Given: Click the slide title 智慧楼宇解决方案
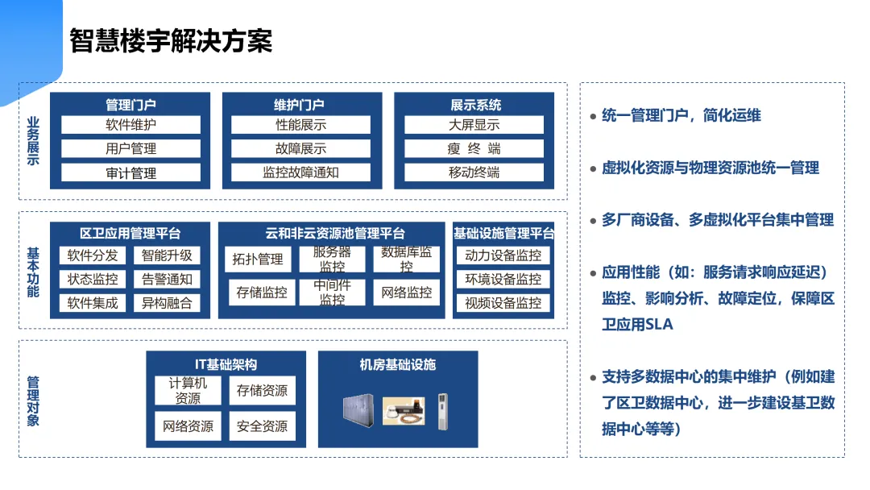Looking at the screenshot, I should (x=171, y=40).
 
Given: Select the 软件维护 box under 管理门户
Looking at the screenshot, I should (x=130, y=125).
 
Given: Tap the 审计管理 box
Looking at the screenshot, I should (x=130, y=172).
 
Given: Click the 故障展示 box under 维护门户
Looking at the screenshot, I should (x=300, y=149).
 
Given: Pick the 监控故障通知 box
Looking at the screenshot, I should (x=300, y=172).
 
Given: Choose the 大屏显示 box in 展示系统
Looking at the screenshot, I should (x=474, y=125).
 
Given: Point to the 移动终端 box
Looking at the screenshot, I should (x=474, y=172).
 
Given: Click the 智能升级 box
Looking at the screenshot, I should (x=167, y=255).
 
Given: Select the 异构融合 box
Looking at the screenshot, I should (x=167, y=303).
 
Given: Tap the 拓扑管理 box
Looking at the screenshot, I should (x=258, y=259).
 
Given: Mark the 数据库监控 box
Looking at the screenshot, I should (x=407, y=259).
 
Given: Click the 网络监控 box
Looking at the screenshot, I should (x=407, y=293).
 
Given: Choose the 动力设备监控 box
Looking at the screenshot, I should (x=503, y=255).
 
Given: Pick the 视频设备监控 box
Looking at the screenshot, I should (x=503, y=303).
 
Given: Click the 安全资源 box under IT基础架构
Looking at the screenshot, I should (x=262, y=426).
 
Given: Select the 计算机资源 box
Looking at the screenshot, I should (x=188, y=391).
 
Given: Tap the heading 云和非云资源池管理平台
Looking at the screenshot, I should (x=335, y=234).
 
